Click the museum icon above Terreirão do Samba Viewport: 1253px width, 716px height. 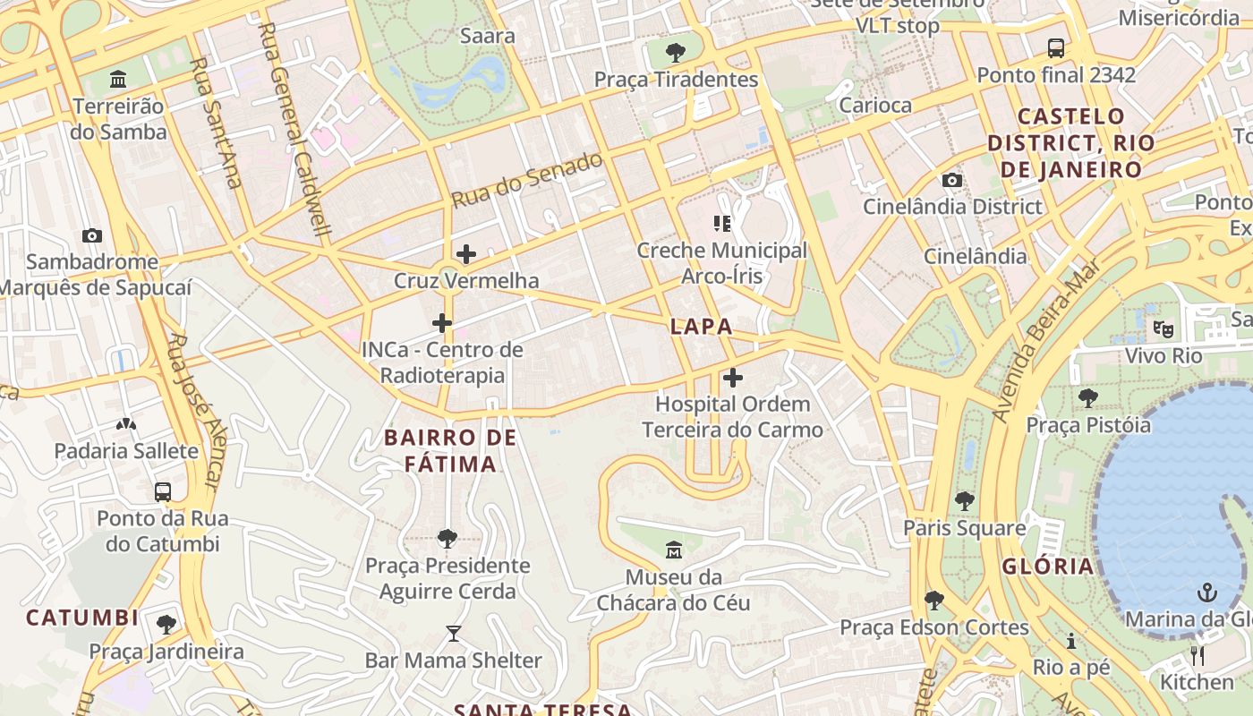(x=118, y=80)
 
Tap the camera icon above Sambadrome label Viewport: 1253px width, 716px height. (x=91, y=236)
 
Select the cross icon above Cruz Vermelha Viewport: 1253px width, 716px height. (x=466, y=254)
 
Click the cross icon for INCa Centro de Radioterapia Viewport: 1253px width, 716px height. (x=442, y=323)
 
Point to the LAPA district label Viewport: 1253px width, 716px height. (x=702, y=327)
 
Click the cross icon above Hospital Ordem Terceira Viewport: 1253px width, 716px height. (x=733, y=378)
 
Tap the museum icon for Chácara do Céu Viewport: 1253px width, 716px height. (x=674, y=549)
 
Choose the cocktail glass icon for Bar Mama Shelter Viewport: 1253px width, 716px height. (x=454, y=634)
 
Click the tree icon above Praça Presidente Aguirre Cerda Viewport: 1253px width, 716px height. (x=447, y=539)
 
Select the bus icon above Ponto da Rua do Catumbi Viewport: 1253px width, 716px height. (x=163, y=491)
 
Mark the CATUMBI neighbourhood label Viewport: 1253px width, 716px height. (x=82, y=618)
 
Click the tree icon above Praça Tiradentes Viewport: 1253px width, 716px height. (x=676, y=52)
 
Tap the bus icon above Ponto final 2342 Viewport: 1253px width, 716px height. (x=1056, y=47)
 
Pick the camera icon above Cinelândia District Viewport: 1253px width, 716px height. (x=952, y=180)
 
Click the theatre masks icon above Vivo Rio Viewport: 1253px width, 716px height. (x=1163, y=328)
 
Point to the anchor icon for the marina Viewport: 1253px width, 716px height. (x=1207, y=592)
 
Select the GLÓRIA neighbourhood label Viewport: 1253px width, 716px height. (x=1048, y=567)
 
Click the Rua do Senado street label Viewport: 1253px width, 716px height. (x=527, y=180)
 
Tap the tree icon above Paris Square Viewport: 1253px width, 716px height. (x=964, y=501)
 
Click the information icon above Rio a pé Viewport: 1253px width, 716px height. (x=1070, y=641)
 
